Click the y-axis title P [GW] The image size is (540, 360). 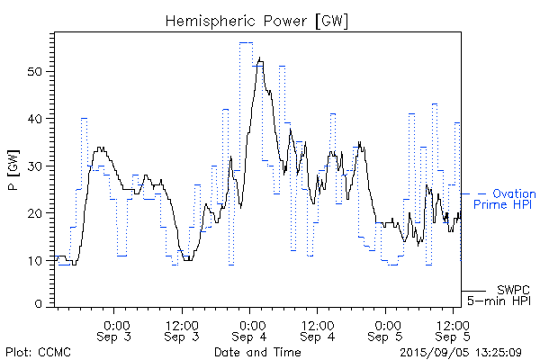(13, 171)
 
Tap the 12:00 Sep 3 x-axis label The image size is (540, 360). (183, 329)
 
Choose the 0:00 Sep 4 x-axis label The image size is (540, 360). (251, 329)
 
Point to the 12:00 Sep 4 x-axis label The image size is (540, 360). (319, 329)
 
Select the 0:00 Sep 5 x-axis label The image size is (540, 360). (387, 329)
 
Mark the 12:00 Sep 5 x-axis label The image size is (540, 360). (454, 329)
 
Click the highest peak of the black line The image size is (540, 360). (260, 58)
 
